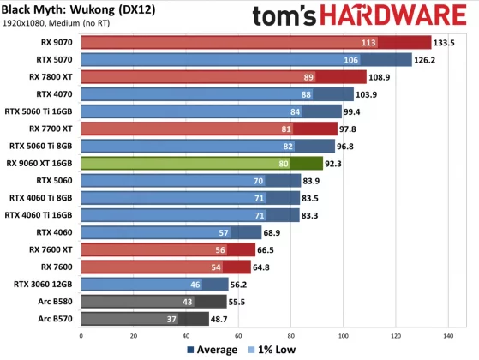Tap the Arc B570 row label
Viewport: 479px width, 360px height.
(54, 318)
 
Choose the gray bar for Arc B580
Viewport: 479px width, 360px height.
(154, 301)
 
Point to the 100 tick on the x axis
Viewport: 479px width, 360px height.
(344, 336)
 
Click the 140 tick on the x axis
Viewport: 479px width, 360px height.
(449, 336)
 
